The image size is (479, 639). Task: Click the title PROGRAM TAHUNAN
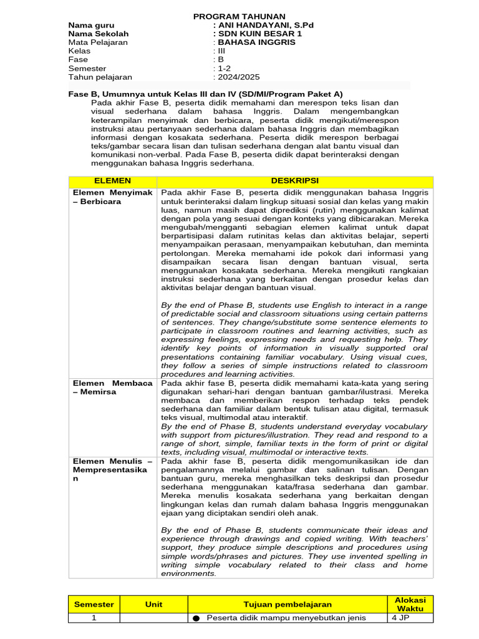(239, 16)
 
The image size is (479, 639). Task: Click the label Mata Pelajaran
(98, 42)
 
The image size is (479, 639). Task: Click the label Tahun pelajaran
(100, 77)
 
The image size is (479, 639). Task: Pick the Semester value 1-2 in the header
(223, 69)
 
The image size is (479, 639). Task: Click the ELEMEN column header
(112, 180)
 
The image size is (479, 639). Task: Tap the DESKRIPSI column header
(295, 180)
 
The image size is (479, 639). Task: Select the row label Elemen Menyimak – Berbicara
(112, 197)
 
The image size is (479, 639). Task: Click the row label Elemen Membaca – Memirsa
(112, 387)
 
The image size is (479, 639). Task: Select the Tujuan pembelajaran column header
(288, 604)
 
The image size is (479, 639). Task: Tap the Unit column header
(153, 604)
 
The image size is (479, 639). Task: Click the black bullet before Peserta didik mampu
(196, 618)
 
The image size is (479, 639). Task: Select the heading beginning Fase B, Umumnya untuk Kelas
(205, 94)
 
